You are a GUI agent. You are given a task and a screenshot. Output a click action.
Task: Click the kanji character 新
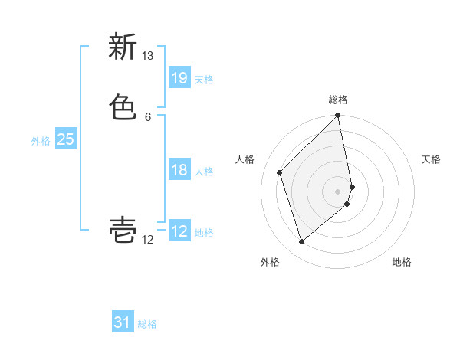pos(123,47)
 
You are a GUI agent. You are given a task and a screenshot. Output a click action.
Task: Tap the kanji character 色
pos(123,106)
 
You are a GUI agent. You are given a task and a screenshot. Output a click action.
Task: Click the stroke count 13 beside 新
pos(148,56)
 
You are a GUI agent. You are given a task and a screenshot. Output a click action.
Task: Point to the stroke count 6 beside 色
pos(148,116)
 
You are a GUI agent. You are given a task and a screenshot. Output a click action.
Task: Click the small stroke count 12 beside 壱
pos(148,240)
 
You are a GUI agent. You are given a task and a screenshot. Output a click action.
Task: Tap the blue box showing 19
pos(179,78)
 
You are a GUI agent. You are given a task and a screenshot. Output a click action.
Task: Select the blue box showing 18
pos(179,170)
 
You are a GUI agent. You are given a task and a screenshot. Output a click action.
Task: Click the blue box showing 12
pos(179,231)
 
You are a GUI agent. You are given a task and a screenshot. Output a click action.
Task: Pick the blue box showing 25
pos(65,139)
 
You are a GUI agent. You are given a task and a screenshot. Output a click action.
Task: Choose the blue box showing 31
pos(123,322)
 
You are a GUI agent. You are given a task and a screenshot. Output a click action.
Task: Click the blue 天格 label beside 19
pos(204,80)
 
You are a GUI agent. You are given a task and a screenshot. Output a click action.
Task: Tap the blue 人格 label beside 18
pos(204,172)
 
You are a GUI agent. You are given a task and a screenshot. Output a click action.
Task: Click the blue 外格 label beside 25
pos(41,141)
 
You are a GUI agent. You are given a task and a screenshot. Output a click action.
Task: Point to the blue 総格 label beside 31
pos(147,324)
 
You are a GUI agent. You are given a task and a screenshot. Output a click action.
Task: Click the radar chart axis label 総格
pos(338,100)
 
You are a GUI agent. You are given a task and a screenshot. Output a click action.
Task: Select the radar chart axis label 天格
pos(431,159)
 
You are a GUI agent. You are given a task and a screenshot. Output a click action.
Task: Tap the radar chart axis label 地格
pos(402,262)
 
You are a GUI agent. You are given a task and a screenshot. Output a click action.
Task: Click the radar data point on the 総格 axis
pos(338,116)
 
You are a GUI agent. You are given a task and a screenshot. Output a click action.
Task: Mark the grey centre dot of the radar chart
pos(338,191)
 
